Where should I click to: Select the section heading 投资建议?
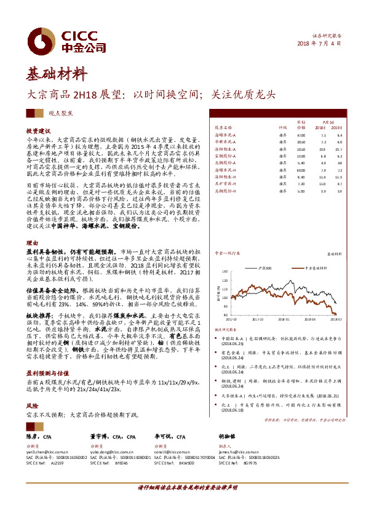(38, 131)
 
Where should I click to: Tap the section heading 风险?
(31, 407)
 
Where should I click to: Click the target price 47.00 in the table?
(301, 135)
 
